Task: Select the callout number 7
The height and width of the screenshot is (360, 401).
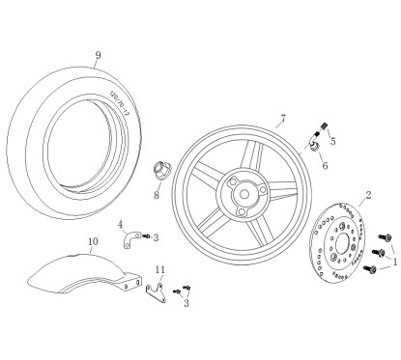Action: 282,120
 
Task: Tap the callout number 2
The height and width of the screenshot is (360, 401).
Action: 368,195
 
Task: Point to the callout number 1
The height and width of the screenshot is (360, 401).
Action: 394,260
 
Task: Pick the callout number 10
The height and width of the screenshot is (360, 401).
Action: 93,242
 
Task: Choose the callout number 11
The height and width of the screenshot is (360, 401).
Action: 160,268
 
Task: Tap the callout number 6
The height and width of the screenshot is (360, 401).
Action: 324,165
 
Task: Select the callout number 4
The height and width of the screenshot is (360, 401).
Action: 120,225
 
